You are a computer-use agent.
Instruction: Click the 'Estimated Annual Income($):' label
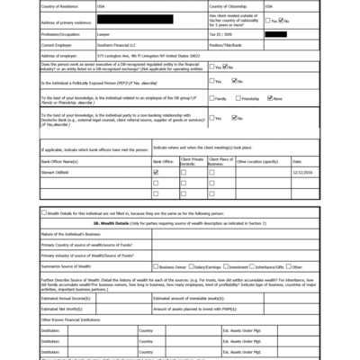pos(67,297)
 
